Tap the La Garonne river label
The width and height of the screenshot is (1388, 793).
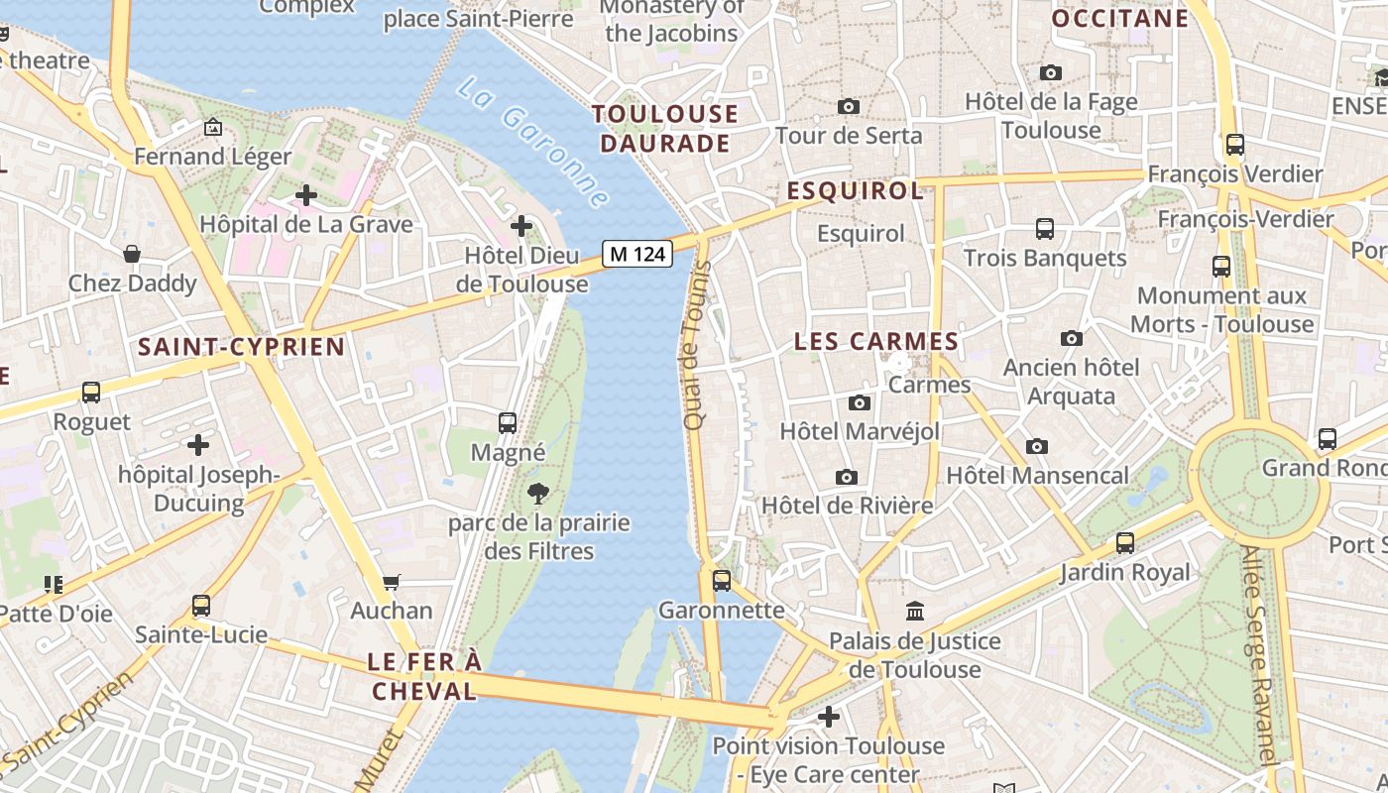tap(533, 144)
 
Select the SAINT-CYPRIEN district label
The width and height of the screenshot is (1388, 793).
tap(241, 347)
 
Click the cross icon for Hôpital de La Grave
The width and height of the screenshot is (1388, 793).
tap(306, 195)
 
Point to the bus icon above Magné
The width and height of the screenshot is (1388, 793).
tap(508, 423)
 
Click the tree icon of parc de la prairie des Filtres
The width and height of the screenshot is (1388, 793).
tap(538, 493)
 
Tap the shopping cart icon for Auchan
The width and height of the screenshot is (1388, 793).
tap(392, 582)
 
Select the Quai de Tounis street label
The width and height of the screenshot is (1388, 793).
tap(696, 346)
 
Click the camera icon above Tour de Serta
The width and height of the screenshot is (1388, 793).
tap(849, 106)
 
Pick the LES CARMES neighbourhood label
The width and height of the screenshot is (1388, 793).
tap(875, 342)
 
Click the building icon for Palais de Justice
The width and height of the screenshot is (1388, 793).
tap(915, 612)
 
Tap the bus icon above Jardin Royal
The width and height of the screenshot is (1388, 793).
tap(1124, 543)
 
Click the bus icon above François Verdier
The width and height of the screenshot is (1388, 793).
tap(1234, 145)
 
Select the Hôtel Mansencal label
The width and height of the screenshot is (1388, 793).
tap(1037, 476)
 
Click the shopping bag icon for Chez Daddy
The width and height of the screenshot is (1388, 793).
tap(132, 255)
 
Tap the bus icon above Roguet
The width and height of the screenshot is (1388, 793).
tap(91, 393)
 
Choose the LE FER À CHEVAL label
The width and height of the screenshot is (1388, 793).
tap(424, 676)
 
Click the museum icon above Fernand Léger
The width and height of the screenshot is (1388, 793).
tap(212, 127)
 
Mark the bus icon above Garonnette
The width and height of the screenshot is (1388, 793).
tap(722, 581)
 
